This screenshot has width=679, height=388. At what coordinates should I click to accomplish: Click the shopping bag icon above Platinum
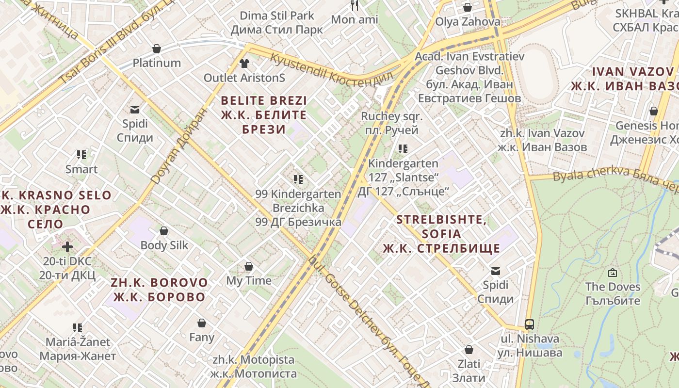157,48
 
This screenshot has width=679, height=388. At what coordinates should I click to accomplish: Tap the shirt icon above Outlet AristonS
244,63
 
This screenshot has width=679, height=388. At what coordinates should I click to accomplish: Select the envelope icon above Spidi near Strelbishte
496,271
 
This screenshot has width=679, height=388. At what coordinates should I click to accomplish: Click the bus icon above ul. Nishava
530,324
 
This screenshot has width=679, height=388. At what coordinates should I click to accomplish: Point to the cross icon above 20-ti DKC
67,247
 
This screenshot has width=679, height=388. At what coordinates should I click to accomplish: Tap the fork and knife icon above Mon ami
355,5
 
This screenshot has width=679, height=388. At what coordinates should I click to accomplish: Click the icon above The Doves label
613,273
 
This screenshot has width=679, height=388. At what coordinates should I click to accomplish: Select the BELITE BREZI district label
264,115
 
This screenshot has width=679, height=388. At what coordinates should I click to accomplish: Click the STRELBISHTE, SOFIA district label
441,234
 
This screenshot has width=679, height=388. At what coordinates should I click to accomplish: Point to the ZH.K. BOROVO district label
159,290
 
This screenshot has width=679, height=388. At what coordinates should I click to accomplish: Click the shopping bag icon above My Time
249,266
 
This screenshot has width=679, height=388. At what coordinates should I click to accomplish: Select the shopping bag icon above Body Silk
164,231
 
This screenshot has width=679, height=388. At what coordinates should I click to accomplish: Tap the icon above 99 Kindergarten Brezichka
298,179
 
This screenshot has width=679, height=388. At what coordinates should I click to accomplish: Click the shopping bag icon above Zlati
469,350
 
